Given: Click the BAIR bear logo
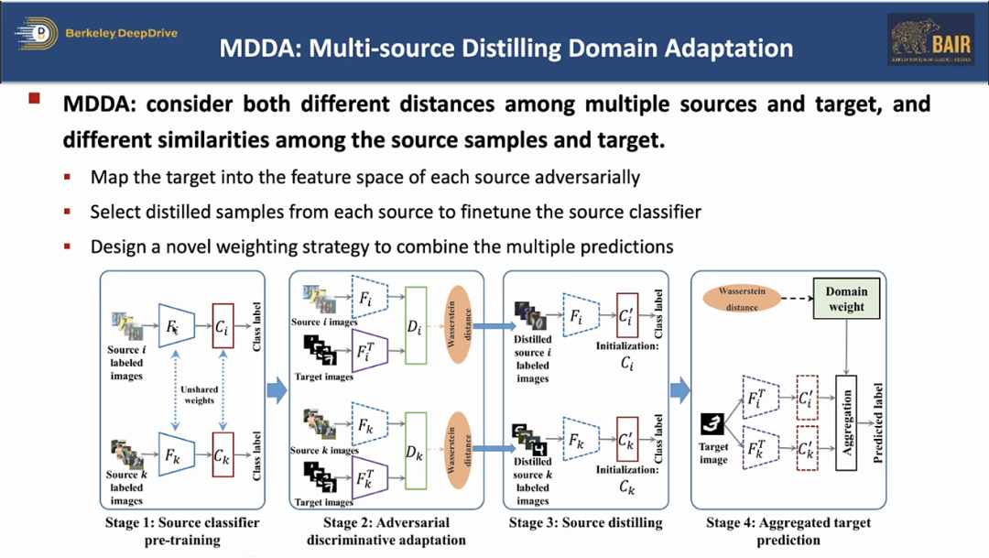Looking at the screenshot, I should (x=930, y=39).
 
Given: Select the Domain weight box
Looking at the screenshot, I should (x=846, y=300).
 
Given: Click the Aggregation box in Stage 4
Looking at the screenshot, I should (x=846, y=422).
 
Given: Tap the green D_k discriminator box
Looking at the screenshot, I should (x=416, y=453).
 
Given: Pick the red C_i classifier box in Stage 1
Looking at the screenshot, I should (x=223, y=325).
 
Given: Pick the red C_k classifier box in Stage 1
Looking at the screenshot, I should (x=223, y=456).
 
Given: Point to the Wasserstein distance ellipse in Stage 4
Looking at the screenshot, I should (x=742, y=300).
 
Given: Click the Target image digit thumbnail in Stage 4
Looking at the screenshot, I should (x=712, y=424).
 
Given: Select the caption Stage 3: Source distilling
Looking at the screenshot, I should (x=585, y=523).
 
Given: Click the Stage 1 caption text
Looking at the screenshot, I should (x=184, y=531).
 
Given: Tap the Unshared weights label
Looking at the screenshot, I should (x=199, y=395).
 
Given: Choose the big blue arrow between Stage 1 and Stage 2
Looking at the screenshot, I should (x=277, y=391).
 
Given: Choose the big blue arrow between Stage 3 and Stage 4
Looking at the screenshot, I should (x=679, y=391).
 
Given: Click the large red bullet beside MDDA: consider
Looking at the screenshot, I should (x=35, y=98).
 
